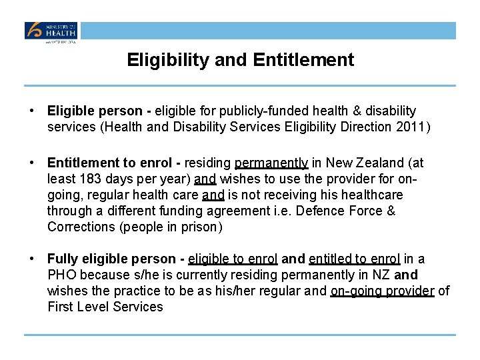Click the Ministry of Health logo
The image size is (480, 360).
tap(51, 31)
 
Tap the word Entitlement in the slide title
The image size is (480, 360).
tap(303, 60)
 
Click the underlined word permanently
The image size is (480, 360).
tap(271, 163)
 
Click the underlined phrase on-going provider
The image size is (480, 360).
tap(382, 291)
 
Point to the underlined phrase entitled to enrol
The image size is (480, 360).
tap(354, 259)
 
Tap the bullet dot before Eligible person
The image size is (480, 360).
tap(31, 111)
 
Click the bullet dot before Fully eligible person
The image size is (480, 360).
tap(31, 259)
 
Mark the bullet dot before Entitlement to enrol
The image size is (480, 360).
tap(31, 163)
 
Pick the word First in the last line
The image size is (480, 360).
tap(61, 307)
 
